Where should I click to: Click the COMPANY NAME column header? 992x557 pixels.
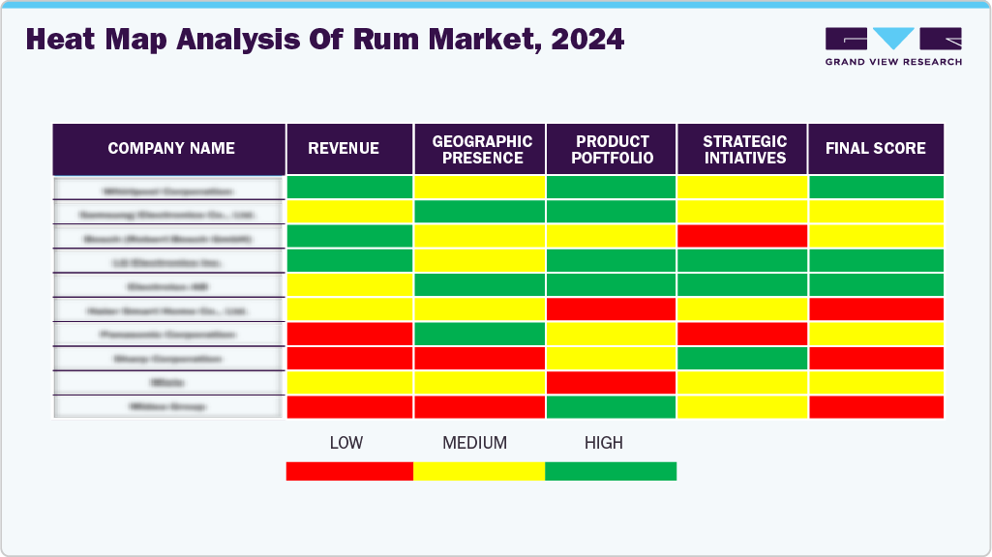pos(170,149)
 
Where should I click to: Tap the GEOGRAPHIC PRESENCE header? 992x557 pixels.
pos(481,149)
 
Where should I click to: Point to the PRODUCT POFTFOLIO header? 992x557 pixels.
pos(613,149)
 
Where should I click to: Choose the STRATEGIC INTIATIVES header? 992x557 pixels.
pos(744,149)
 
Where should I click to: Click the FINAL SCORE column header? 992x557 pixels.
pos(876,149)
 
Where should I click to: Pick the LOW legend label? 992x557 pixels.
pos(346,443)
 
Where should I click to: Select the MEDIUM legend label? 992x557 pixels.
pos(474,443)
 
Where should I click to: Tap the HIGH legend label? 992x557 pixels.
pos(604,443)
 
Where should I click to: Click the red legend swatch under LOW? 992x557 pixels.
pos(349,471)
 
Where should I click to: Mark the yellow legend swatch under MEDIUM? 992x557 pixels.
pos(479,471)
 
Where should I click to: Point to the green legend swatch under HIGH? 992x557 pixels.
pos(611,471)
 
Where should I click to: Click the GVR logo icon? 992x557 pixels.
pos(893,39)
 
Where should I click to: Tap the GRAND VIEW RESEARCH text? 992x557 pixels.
pos(893,62)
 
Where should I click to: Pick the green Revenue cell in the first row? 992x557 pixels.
pos(349,187)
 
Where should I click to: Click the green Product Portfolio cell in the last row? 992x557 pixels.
pos(611,407)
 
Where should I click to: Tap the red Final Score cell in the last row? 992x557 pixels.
pos(876,407)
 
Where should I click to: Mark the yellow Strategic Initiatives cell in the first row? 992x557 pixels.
pos(742,187)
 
